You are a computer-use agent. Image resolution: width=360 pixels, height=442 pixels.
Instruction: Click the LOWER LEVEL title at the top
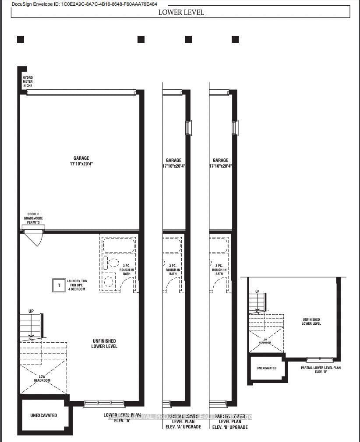(x=181, y=12)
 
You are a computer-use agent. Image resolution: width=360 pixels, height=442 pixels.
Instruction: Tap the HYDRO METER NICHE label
(x=28, y=81)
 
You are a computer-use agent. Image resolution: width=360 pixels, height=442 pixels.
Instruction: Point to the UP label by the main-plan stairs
(x=31, y=312)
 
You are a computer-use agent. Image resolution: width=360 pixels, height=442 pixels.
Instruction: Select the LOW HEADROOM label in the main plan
(x=42, y=378)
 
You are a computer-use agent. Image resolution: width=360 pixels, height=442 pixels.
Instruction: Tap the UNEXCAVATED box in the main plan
(x=44, y=415)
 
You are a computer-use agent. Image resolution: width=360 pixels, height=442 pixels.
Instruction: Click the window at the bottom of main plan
(x=104, y=403)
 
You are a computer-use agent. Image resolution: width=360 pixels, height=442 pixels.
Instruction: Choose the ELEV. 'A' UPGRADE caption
(x=183, y=427)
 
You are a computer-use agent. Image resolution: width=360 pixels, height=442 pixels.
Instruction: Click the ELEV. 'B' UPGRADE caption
(x=229, y=427)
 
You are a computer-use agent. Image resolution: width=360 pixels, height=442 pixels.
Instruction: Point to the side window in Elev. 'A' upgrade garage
(x=188, y=127)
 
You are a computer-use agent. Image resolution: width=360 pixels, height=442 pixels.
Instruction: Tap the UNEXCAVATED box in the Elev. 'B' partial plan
(x=266, y=368)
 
